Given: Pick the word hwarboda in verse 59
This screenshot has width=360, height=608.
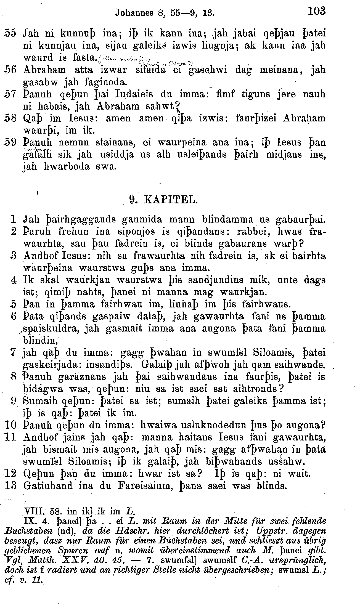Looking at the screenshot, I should pos(67,167).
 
